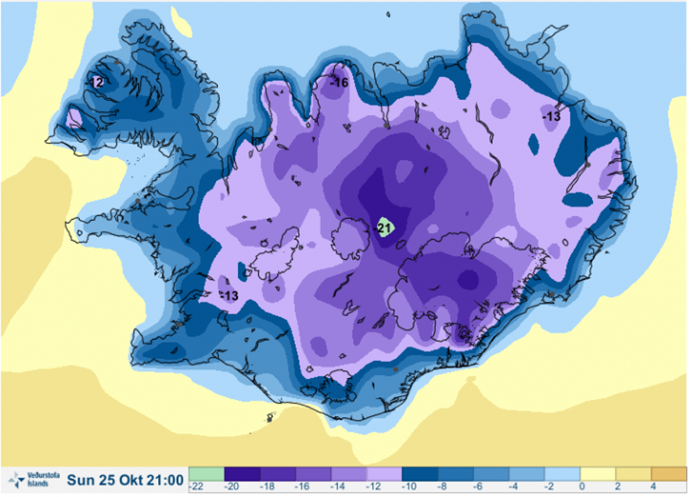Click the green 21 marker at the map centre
click(384, 229)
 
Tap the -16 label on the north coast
click(339, 82)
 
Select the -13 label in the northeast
click(552, 116)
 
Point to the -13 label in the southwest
click(229, 296)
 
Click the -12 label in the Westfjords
click(95, 81)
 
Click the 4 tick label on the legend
click(653, 487)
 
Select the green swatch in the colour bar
click(206, 474)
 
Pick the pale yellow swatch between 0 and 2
click(597, 474)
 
